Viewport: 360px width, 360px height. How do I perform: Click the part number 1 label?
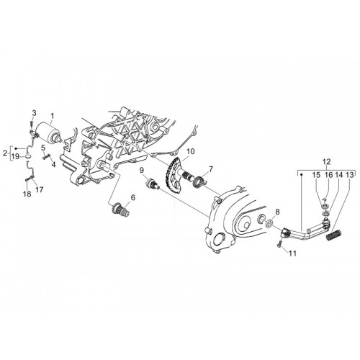click(x=52, y=116)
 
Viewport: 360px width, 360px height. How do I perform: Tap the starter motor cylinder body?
click(x=50, y=132)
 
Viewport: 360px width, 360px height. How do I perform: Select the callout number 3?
click(x=34, y=113)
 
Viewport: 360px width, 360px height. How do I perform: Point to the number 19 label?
click(x=16, y=157)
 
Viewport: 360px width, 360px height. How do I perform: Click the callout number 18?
click(x=28, y=194)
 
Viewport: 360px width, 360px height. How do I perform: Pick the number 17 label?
click(x=40, y=189)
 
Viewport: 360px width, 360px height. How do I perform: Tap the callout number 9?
click(x=142, y=171)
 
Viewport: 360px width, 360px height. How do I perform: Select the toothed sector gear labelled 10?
click(x=172, y=177)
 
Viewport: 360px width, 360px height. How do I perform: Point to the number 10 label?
click(x=191, y=152)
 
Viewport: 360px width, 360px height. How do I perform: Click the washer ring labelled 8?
click(x=269, y=223)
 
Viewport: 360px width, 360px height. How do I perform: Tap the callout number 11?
click(x=292, y=253)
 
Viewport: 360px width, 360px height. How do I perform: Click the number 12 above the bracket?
click(x=327, y=161)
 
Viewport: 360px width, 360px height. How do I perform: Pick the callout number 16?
click(x=328, y=175)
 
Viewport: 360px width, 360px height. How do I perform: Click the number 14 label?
click(x=339, y=175)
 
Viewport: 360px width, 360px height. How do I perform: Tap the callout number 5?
click(x=43, y=148)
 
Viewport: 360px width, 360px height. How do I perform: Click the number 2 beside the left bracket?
click(x=5, y=153)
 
